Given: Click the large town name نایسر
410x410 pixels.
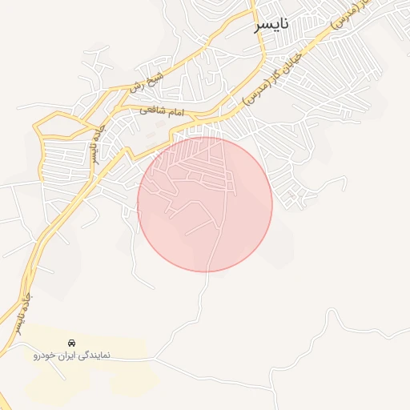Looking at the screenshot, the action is pyautogui.click(x=271, y=26).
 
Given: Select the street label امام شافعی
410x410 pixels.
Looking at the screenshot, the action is pyautogui.click(x=162, y=111).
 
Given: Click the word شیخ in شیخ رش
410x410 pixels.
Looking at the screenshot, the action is pyautogui.click(x=155, y=77).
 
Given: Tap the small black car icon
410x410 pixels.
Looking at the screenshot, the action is pyautogui.click(x=72, y=342).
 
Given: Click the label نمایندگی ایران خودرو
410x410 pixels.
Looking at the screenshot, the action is pyautogui.click(x=72, y=355).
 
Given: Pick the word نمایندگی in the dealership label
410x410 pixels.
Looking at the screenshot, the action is pyautogui.click(x=93, y=355).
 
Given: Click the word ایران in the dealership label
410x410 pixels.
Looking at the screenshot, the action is pyautogui.click(x=68, y=355).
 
